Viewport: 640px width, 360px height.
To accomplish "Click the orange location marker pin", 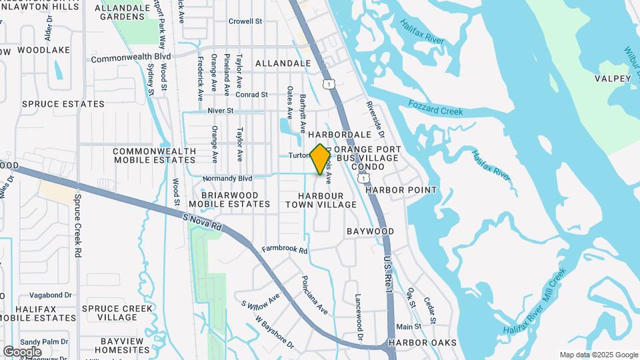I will (321, 159).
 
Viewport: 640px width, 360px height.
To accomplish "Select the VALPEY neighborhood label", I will (613, 79).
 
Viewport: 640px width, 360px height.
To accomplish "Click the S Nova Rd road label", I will (201, 222).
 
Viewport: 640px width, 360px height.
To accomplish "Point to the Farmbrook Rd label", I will (285, 250).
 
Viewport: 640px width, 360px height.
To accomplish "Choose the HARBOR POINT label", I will (401, 190).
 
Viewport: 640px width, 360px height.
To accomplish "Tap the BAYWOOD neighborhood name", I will (370, 231).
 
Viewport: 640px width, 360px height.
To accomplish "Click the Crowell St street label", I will (245, 21).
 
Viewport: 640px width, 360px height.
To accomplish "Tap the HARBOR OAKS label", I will (423, 343).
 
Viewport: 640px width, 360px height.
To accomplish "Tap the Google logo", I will (22, 351).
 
